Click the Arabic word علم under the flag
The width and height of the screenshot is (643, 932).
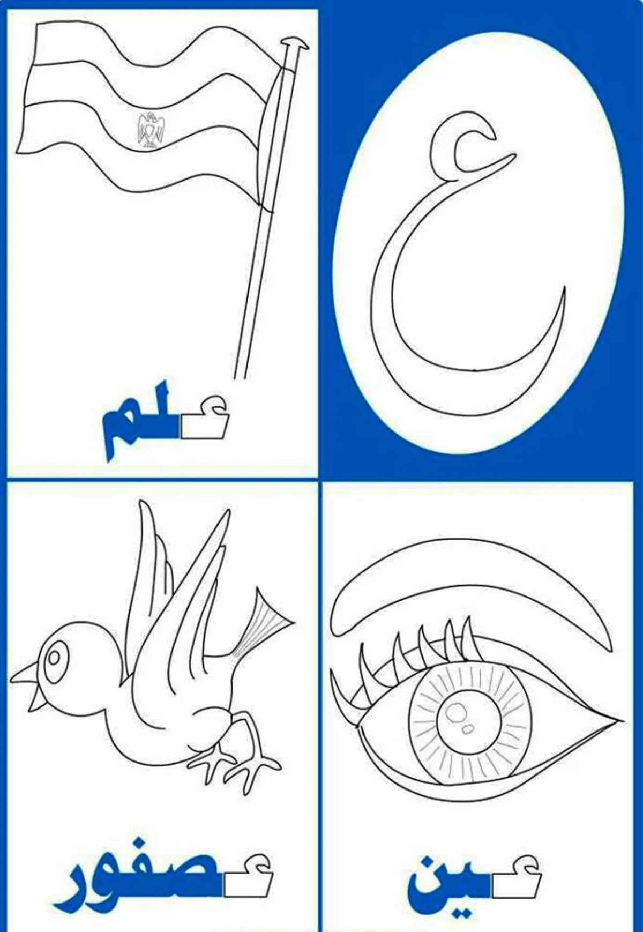click(x=165, y=421)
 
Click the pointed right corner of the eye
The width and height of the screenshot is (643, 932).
click(x=622, y=718)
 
